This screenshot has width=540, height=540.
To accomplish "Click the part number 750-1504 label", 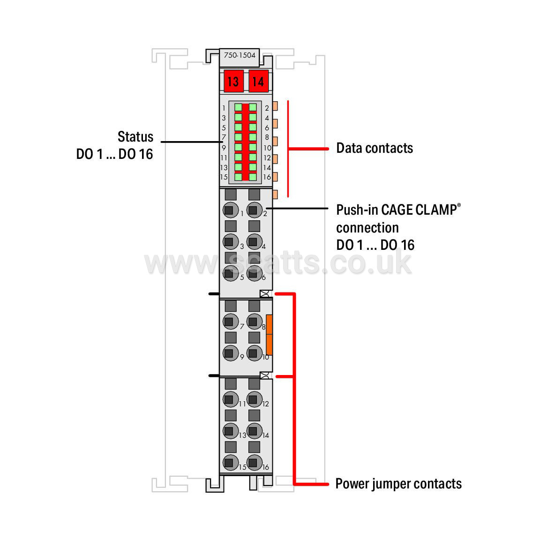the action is click(240, 55).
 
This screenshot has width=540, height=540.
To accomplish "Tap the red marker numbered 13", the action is click(233, 81).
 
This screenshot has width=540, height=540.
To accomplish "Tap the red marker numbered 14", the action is click(258, 81).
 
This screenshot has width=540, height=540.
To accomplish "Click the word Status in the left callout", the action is click(135, 137).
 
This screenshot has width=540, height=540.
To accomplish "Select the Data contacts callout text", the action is click(375, 148).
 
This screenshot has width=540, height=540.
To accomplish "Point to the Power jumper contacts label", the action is click(398, 484).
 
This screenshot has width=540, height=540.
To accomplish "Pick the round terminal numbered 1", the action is click(231, 210).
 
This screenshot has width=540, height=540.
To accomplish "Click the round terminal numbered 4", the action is click(255, 242).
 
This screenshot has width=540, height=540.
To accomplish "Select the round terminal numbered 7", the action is click(231, 322).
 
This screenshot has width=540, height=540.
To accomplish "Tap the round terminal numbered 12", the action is click(255, 399).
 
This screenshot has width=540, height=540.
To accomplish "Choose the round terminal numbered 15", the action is click(231, 463).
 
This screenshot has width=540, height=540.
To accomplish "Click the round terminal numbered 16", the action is click(255, 463).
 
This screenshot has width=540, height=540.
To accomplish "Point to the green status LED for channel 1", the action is click(238, 107).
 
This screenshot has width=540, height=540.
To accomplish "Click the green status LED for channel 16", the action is click(253, 177).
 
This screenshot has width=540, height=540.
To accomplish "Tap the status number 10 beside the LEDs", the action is click(268, 148).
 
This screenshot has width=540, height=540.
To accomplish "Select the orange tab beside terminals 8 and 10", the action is click(270, 335).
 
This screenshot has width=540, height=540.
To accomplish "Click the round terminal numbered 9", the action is click(231, 353).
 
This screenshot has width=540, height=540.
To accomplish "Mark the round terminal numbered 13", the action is click(231, 431).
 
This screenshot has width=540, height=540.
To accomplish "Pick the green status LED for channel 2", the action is click(253, 107).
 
